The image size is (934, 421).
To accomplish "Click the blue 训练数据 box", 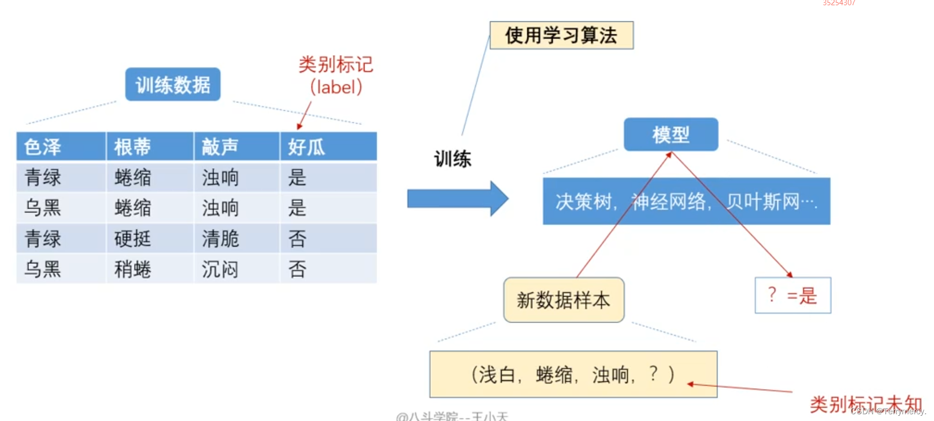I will [x=172, y=84].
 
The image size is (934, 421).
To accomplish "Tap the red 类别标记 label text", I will [x=335, y=65].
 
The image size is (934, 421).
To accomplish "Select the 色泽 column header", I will [x=43, y=147].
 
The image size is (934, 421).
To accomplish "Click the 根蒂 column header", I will [x=132, y=147].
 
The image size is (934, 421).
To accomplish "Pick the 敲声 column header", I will [x=220, y=147].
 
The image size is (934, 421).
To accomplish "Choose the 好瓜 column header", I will [x=306, y=147].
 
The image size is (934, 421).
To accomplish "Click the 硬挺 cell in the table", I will [x=132, y=239].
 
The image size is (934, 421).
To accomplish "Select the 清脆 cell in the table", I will [x=220, y=239].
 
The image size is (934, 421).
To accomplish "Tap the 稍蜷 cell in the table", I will [x=132, y=269].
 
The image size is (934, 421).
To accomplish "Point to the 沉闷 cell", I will [x=220, y=269].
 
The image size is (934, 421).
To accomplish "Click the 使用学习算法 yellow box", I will [x=561, y=35].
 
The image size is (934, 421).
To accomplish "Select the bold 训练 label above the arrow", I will [x=452, y=159].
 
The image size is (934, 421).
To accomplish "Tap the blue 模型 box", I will [x=670, y=135].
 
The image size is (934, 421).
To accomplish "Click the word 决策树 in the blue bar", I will [x=583, y=201].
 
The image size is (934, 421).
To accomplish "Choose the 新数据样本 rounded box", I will [x=563, y=300].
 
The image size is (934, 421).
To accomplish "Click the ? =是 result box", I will [x=792, y=296].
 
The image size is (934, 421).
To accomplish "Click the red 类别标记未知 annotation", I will [x=865, y=404].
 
